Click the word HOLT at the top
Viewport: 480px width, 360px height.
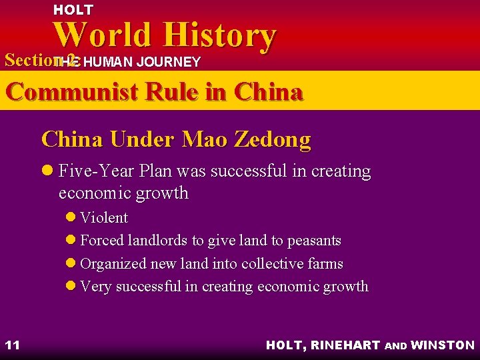click(x=73, y=10)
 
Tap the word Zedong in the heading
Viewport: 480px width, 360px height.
click(x=274, y=139)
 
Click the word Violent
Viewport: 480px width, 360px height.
click(x=103, y=218)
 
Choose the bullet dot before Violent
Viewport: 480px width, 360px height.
click(x=71, y=218)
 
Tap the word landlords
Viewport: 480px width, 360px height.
click(x=159, y=241)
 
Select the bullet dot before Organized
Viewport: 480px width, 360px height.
click(x=71, y=264)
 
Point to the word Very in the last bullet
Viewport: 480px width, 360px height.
click(x=95, y=287)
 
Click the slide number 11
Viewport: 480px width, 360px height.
click(x=12, y=345)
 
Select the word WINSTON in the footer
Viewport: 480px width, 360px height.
click(x=443, y=345)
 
